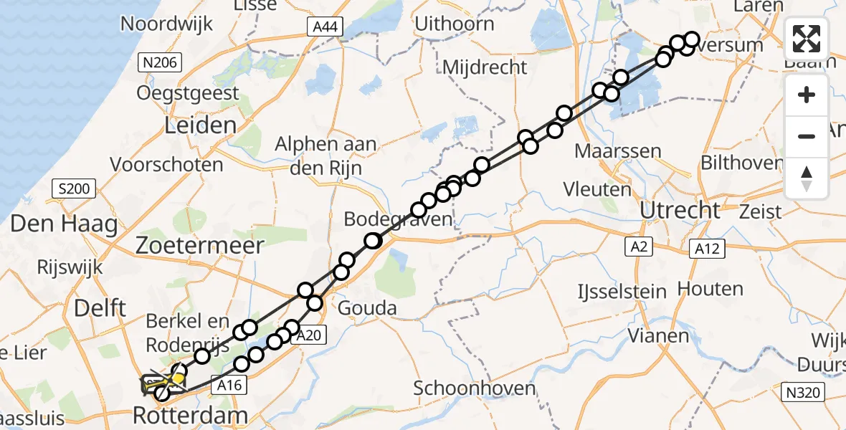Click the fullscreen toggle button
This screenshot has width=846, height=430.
pos(807,39)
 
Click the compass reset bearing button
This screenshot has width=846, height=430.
pos(807,178)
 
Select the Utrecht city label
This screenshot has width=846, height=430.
pos(680,211)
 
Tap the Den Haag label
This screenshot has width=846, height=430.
pos(64,225)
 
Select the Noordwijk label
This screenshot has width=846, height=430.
pos(167,24)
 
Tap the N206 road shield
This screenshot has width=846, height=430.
pos(160,62)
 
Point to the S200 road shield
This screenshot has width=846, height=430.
pos(75,190)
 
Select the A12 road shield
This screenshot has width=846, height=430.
pos(708,249)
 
